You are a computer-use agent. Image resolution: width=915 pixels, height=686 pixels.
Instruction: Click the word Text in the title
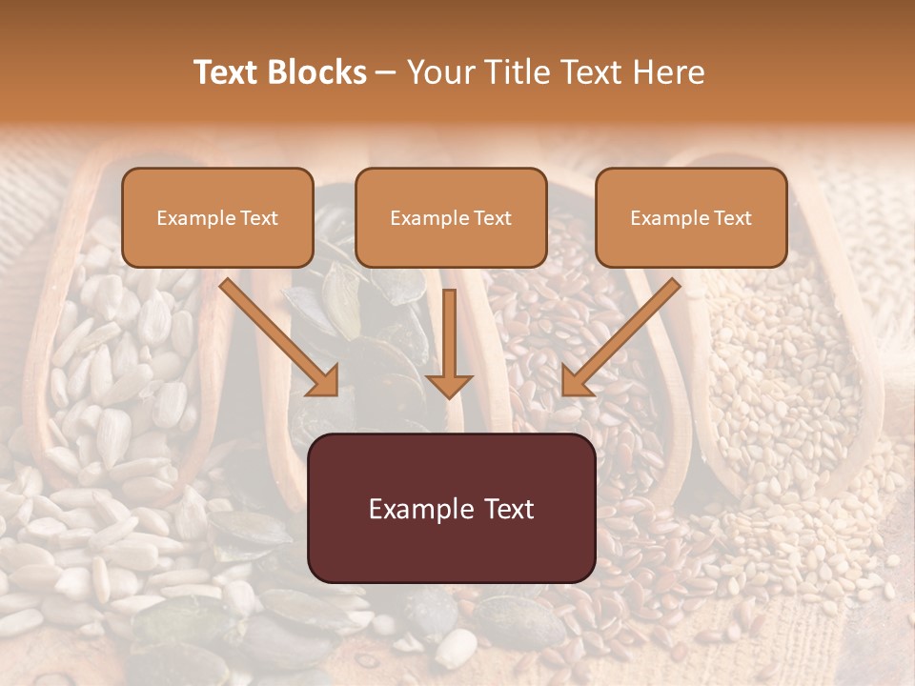(x=227, y=72)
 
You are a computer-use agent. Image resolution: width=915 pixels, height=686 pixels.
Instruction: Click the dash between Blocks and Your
(x=386, y=73)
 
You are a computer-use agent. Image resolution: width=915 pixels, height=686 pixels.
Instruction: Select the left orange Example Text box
(x=217, y=217)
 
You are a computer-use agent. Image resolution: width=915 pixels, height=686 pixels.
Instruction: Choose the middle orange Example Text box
(x=451, y=217)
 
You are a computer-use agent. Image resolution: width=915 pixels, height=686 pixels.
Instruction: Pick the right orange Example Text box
(x=691, y=217)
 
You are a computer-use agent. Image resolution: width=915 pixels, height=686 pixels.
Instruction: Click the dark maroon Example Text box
(x=452, y=508)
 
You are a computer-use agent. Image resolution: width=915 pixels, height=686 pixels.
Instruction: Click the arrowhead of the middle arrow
(x=449, y=384)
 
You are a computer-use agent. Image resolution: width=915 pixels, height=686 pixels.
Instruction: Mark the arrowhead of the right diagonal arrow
(x=578, y=380)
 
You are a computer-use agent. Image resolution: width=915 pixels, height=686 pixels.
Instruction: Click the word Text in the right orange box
(x=733, y=218)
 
